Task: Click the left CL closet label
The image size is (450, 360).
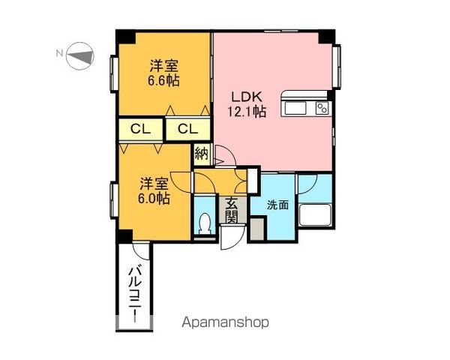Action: pos(140,129)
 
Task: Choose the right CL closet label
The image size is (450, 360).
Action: pos(187,129)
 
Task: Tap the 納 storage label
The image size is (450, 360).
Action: pos(201,154)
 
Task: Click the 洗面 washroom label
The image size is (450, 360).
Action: pos(278,204)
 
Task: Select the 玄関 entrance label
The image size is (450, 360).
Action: pos(231,210)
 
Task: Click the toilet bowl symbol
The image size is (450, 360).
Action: pos(205,223)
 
